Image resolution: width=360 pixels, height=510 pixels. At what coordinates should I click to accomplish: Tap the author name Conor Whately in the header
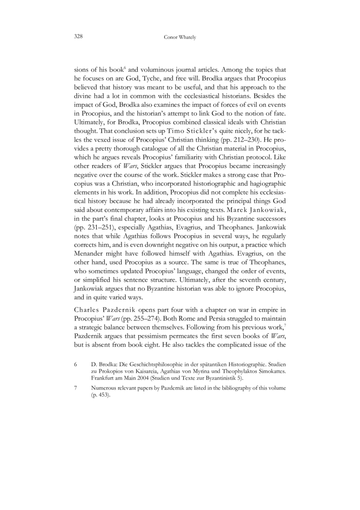(x=180, y=38)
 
